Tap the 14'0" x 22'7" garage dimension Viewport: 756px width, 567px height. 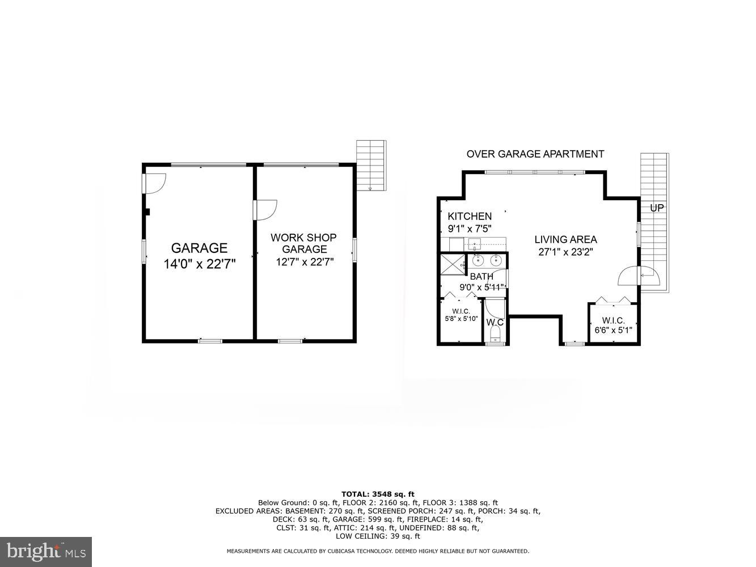coord(199,263)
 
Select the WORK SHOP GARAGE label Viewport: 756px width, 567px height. coord(303,243)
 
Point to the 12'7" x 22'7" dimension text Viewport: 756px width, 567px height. coord(305,262)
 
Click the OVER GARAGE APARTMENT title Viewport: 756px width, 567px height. coord(535,154)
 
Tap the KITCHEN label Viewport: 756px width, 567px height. coord(470,216)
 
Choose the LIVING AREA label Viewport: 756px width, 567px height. coord(565,239)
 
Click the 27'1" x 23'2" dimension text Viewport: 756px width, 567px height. coord(565,252)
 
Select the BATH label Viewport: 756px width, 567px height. coord(481,276)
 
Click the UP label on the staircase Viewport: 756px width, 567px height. coord(656,208)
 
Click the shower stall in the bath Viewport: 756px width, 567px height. coord(454,265)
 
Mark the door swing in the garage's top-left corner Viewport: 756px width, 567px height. coord(154,181)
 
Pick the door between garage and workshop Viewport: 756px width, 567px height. coord(265,209)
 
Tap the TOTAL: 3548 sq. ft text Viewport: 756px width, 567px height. coord(378,494)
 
